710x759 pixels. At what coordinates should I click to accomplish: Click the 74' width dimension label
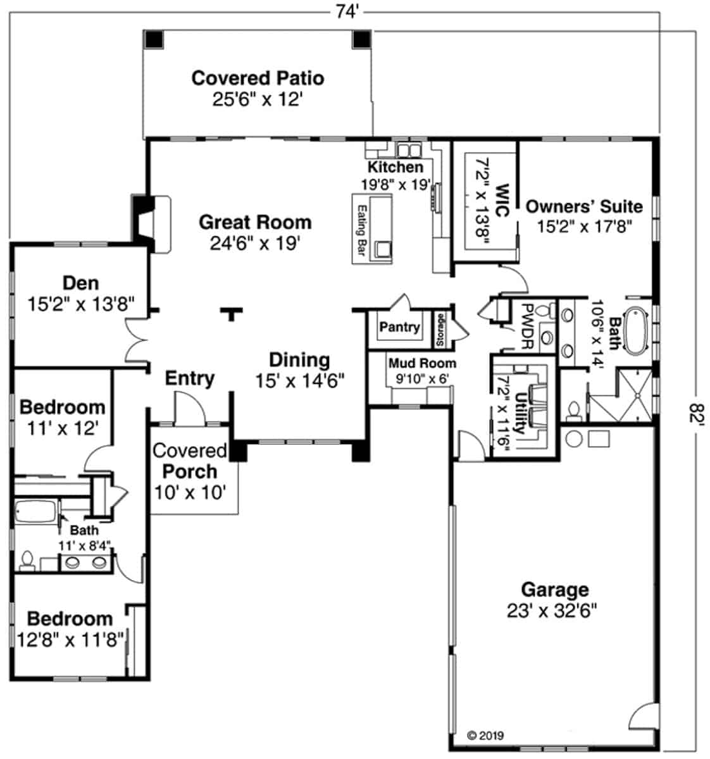click(x=347, y=12)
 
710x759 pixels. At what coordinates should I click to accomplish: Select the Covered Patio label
click(x=258, y=78)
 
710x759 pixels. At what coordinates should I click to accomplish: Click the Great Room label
click(x=255, y=223)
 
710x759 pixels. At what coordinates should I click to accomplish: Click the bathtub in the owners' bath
click(x=635, y=331)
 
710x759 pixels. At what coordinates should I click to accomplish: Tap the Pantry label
click(x=399, y=327)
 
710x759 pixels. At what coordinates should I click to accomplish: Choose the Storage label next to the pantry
click(x=440, y=330)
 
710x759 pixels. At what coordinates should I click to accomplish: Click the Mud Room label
click(x=422, y=363)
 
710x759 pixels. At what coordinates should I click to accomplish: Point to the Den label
click(x=81, y=283)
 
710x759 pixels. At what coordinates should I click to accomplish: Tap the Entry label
click(x=190, y=378)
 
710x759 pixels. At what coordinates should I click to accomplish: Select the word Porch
click(x=190, y=472)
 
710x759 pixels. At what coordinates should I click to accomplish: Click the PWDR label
click(x=528, y=327)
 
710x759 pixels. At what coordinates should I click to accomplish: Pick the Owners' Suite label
click(x=584, y=207)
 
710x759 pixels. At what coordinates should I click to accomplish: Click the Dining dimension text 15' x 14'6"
click(x=299, y=381)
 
